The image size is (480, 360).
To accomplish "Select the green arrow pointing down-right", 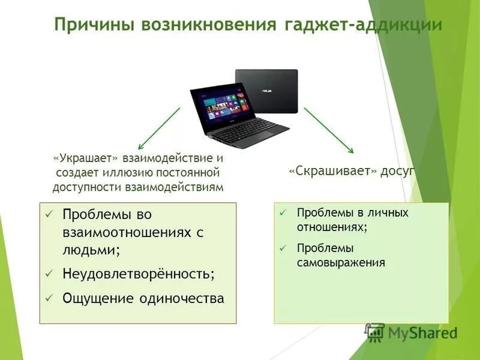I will (x=328, y=130).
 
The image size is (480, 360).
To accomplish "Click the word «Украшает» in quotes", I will (x=86, y=159).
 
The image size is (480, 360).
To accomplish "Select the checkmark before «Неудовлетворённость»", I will (x=50, y=274).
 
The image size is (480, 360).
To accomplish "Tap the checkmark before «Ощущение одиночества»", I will (x=50, y=298).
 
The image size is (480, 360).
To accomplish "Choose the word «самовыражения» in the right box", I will (x=341, y=262).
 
